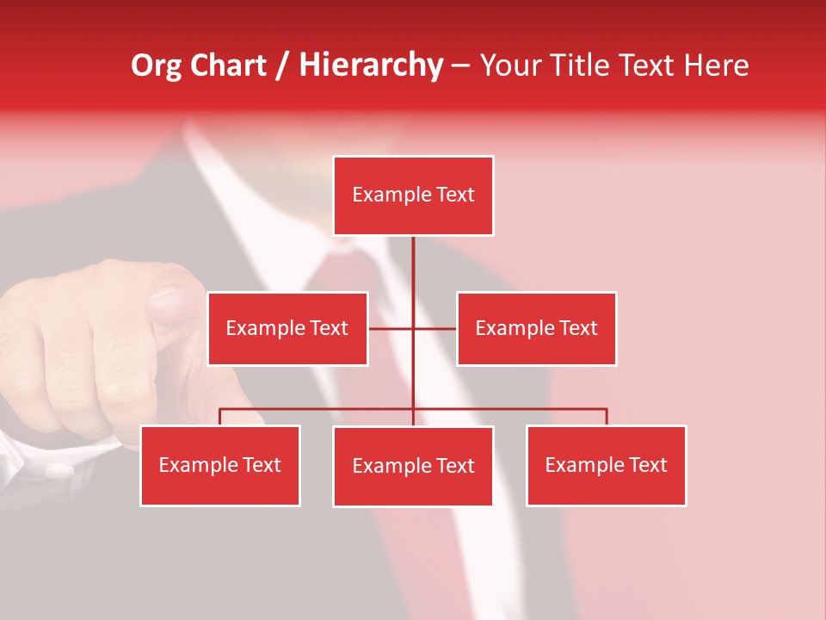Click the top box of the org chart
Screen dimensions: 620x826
[x=413, y=195]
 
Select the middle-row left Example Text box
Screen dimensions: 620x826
[x=287, y=328]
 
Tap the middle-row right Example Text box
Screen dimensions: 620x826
[x=536, y=328]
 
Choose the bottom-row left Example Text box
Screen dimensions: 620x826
[x=220, y=465]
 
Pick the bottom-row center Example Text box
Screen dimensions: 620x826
[x=413, y=466]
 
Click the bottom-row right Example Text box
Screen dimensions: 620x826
[x=606, y=465]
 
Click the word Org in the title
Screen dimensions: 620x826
[x=156, y=65]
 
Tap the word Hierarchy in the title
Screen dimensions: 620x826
[x=371, y=65]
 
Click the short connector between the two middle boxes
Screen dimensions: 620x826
[x=413, y=328]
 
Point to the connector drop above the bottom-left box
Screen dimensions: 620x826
[x=220, y=417]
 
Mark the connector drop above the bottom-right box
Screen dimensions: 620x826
[x=607, y=417]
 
